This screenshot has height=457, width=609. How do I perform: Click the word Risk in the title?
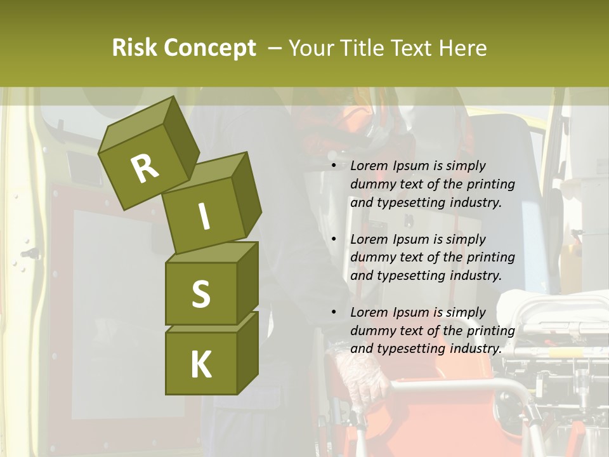[x=136, y=48]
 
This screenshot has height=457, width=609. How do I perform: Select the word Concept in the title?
[x=211, y=48]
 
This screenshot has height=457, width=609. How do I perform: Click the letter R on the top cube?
[x=145, y=169]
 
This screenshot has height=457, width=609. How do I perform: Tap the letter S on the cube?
[x=200, y=294]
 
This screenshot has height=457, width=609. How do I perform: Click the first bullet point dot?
[x=334, y=166]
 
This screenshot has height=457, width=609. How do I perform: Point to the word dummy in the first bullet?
[x=370, y=184]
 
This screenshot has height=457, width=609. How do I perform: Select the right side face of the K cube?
[x=247, y=352]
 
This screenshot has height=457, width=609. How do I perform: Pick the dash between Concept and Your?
[x=275, y=48]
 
